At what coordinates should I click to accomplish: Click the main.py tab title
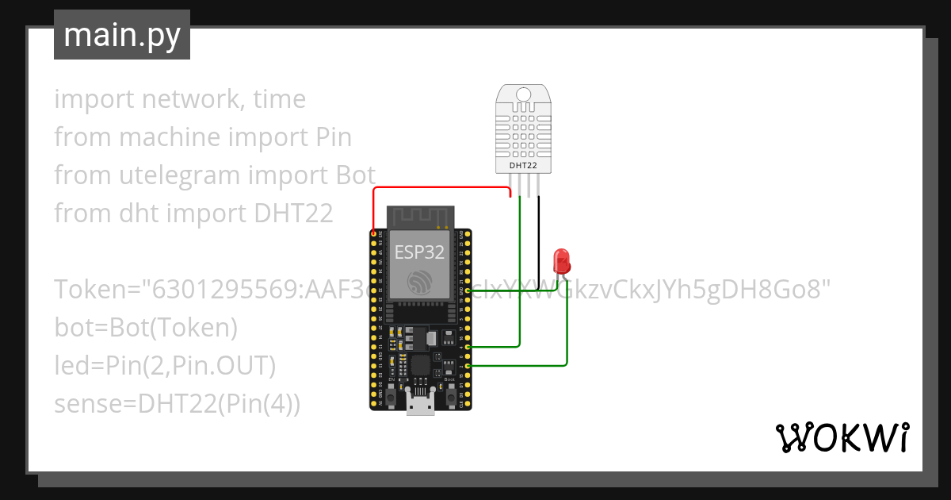pos(122,36)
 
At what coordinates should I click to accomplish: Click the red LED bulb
pos(561,259)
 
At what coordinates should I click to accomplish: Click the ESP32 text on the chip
pos(418,252)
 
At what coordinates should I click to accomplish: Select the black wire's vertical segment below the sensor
pos(539,238)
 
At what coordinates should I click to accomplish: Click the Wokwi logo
pos(842,437)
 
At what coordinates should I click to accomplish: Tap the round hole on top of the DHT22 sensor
pos(522,94)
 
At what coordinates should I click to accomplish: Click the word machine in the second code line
pos(170,137)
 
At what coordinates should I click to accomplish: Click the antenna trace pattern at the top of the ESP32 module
pos(419,216)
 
